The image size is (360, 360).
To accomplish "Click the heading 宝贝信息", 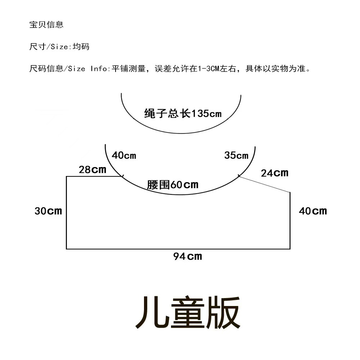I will click(46, 24).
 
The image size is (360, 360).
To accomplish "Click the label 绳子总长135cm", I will click(183, 114).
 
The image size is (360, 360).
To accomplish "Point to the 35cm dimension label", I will click(236, 156).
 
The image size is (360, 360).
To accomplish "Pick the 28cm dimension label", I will click(93, 170).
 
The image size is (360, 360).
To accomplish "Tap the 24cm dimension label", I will click(275, 173).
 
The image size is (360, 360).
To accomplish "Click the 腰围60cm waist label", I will click(173, 185).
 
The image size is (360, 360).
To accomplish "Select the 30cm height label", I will click(48, 211).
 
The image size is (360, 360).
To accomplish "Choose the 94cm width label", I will click(188, 256).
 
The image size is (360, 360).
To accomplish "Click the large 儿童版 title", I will click(187, 312).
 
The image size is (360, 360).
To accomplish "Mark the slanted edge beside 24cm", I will click(265, 184).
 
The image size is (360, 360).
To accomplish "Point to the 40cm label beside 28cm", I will click(124, 156).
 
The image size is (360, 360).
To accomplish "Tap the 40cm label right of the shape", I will click(312, 211).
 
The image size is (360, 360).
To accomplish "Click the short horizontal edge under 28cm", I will click(94, 176).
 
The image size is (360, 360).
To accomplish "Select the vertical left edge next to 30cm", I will click(67, 212).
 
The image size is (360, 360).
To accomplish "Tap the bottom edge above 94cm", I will click(178, 249).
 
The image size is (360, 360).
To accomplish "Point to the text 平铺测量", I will click(126, 68).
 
